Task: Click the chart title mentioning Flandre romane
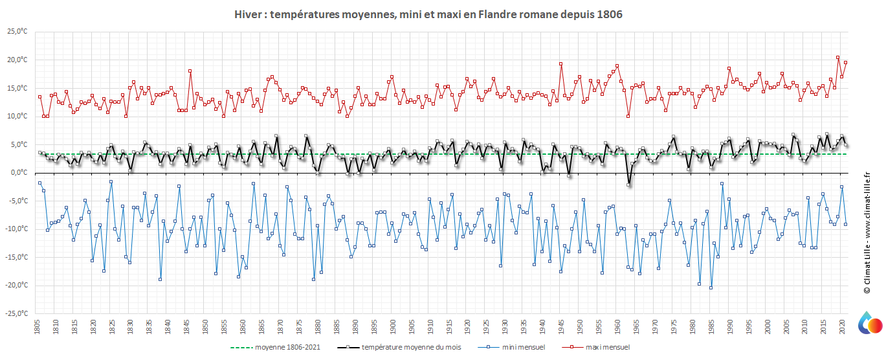428,14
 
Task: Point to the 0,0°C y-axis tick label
18,173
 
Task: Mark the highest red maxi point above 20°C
838,58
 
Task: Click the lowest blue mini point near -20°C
711,287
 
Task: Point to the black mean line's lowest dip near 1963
628,185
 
